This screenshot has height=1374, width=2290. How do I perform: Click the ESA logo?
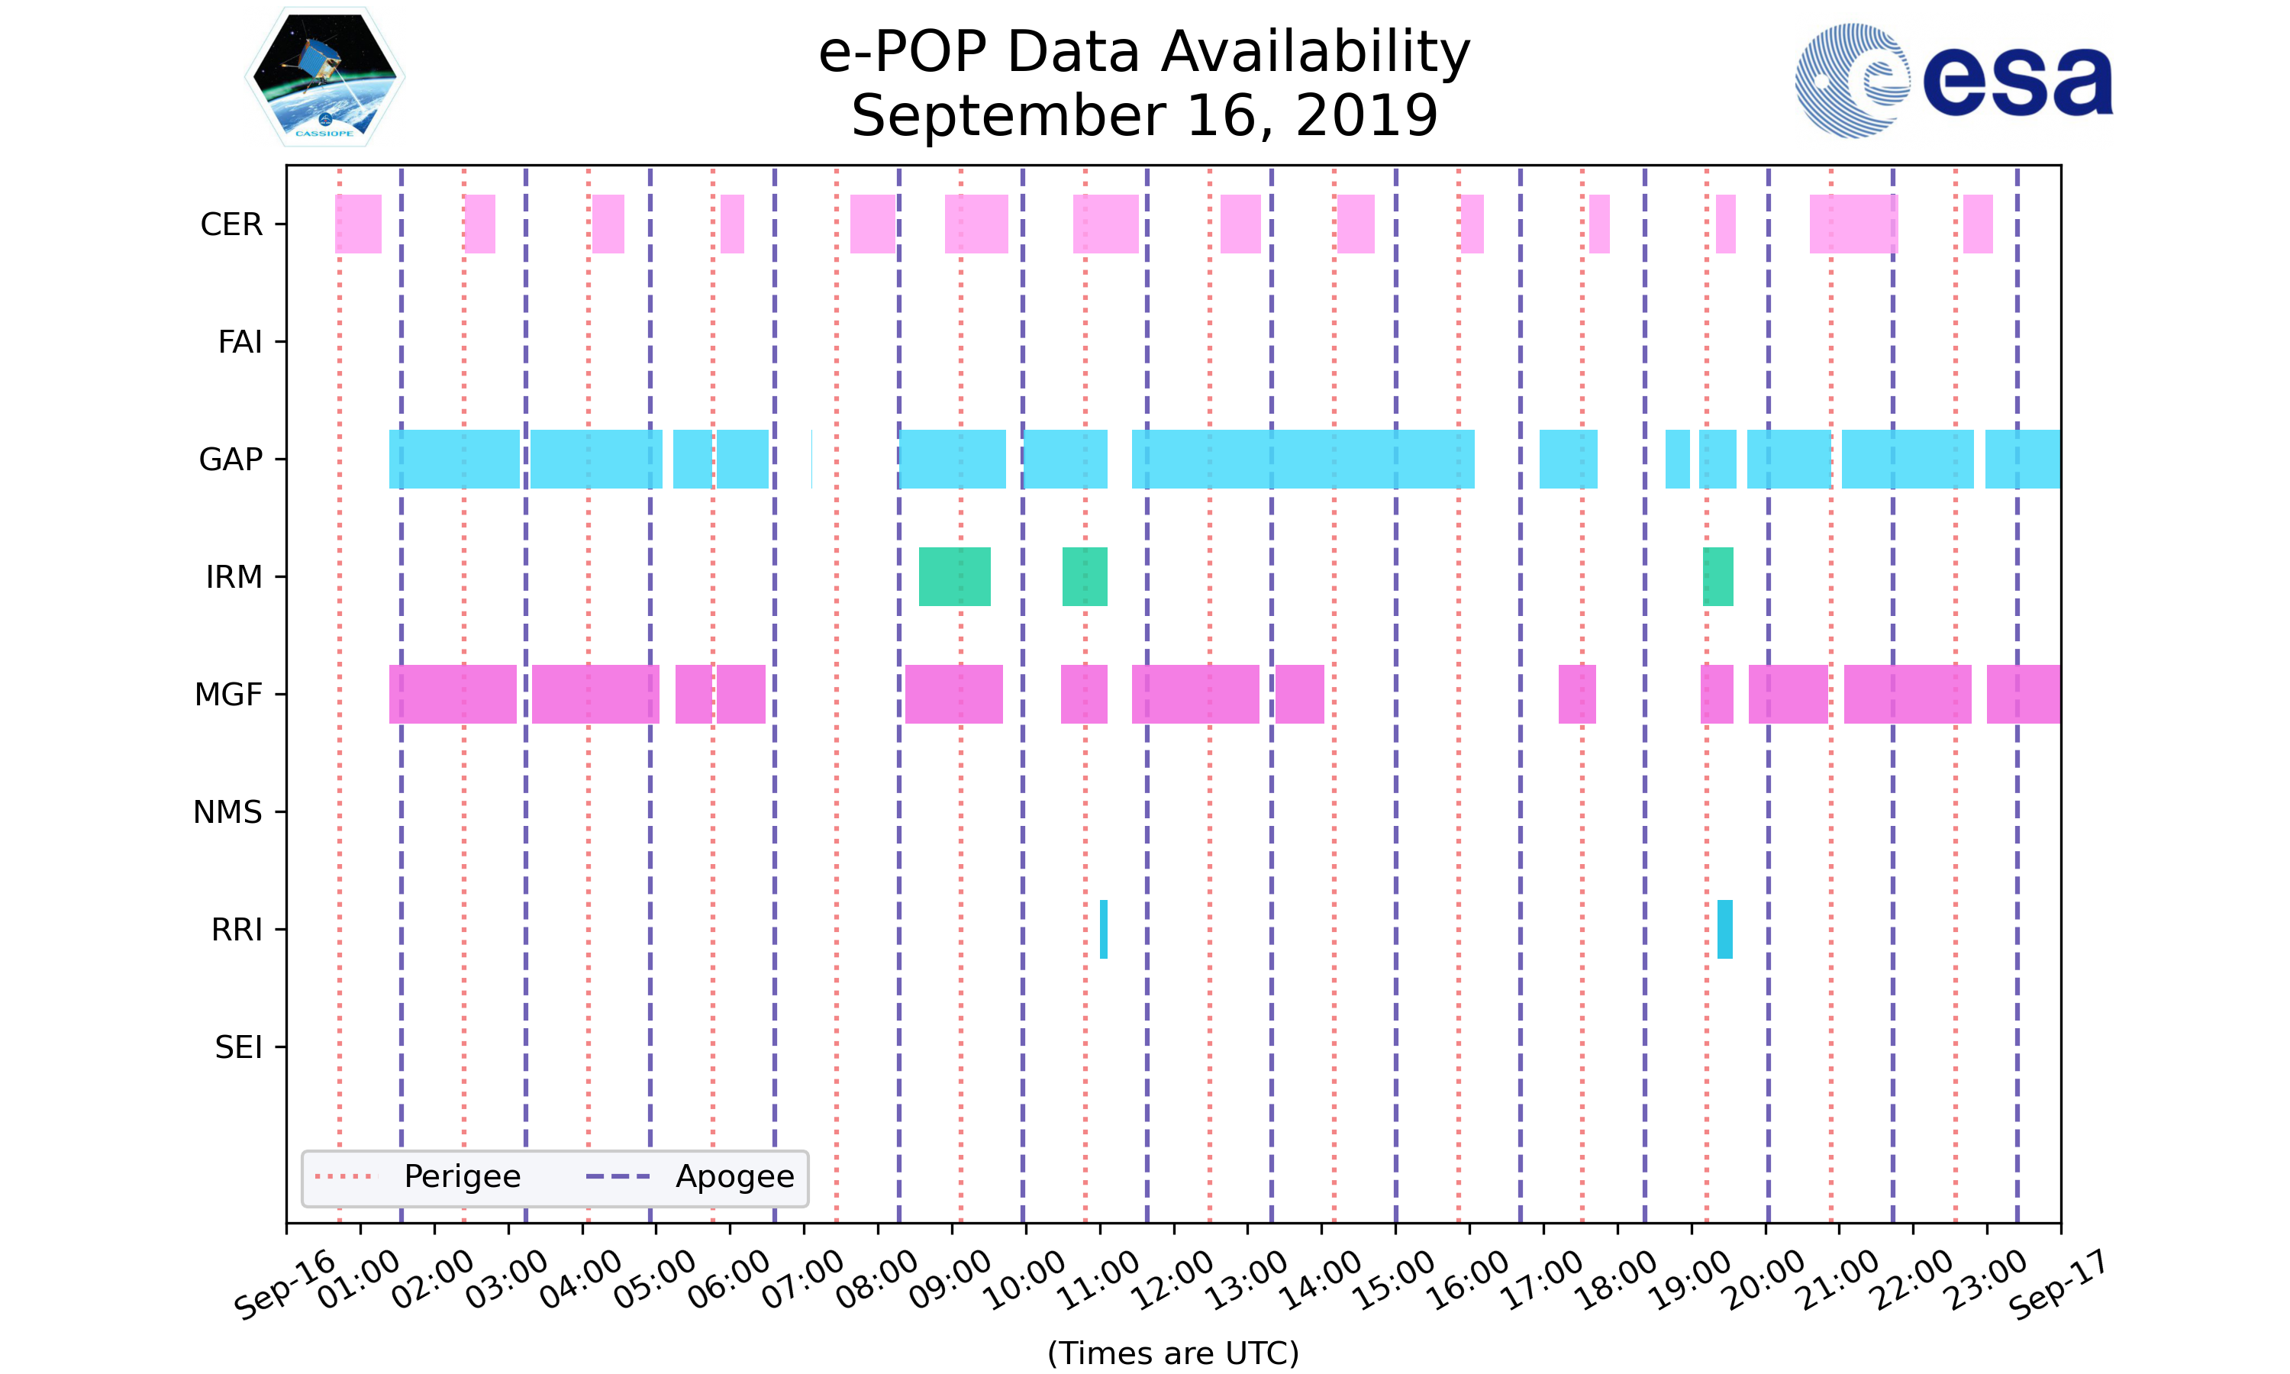pos(1953,81)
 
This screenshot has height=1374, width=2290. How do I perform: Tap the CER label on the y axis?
pos(231,224)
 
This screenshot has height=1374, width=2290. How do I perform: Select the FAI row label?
pos(240,342)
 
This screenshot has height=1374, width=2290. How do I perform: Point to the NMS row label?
pos(227,812)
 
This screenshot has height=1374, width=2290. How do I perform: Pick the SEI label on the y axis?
pos(239,1047)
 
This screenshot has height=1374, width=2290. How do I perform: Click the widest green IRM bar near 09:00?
pos(954,577)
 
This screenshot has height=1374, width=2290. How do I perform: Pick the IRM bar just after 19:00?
pos(1718,577)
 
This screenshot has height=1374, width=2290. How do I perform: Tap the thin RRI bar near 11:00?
pos(1103,929)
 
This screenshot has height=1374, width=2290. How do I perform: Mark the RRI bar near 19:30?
pos(1724,929)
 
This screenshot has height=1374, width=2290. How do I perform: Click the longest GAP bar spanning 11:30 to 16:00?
pos(1302,460)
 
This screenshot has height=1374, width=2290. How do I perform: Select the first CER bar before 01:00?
pos(358,224)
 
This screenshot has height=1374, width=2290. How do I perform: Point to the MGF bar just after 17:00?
pos(1576,695)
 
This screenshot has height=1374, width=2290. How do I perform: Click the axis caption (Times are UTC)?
pos(1172,1353)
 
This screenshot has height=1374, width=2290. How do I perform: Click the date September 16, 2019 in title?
pos(1144,116)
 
